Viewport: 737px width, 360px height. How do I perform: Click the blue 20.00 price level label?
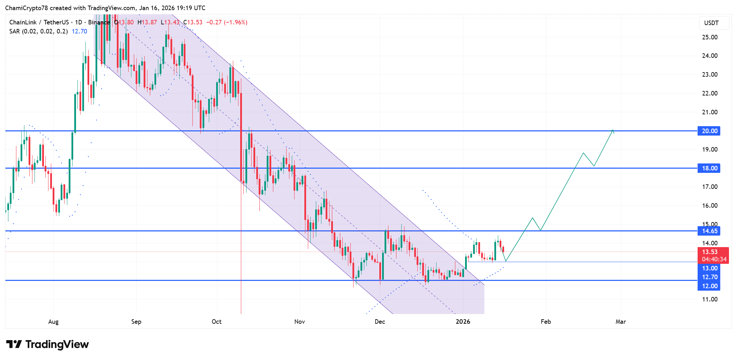[x=709, y=131]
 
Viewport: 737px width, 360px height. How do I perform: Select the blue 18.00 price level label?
[x=709, y=168]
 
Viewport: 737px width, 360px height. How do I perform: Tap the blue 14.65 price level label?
[x=709, y=231]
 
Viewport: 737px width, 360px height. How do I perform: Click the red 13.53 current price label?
[x=710, y=252]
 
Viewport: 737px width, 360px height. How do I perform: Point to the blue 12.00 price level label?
[x=709, y=286]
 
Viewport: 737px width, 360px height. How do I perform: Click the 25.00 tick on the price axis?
[x=709, y=37]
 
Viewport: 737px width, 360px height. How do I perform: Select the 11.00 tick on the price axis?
[x=709, y=299]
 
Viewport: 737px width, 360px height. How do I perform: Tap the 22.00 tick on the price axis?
[x=709, y=93]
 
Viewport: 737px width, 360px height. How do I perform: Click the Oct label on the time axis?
[x=216, y=322]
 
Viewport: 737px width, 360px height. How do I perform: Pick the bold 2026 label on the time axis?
[x=463, y=322]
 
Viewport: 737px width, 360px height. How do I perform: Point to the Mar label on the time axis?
[x=621, y=322]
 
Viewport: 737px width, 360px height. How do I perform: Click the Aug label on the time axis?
[x=53, y=322]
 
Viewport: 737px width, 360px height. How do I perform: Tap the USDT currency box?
[x=711, y=23]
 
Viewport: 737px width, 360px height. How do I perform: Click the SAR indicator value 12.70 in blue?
[x=79, y=31]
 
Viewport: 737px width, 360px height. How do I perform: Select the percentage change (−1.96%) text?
[x=236, y=22]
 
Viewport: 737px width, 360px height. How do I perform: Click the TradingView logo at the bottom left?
[x=47, y=344]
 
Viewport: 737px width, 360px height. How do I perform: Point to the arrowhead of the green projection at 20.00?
[x=613, y=131]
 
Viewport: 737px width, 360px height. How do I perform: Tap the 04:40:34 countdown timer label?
[x=714, y=259]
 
